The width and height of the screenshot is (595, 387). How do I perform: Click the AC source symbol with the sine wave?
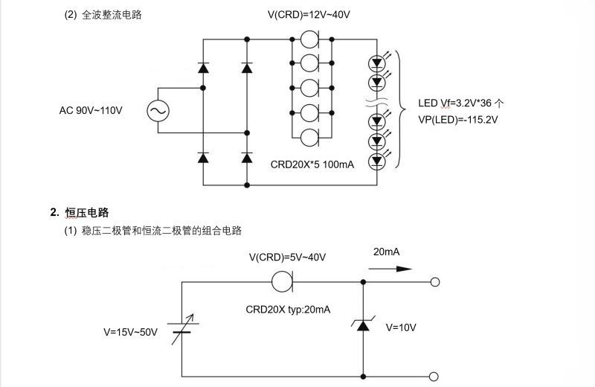158,111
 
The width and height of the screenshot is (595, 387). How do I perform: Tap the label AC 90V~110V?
91,111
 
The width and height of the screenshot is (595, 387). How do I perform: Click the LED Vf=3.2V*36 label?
462,103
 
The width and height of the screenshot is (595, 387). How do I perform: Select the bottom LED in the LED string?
377,159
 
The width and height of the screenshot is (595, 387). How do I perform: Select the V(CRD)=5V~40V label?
288,258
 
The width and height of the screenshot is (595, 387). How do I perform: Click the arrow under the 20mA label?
392,269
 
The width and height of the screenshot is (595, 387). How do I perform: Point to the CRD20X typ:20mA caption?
288,309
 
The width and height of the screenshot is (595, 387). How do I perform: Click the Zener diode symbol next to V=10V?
363,324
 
